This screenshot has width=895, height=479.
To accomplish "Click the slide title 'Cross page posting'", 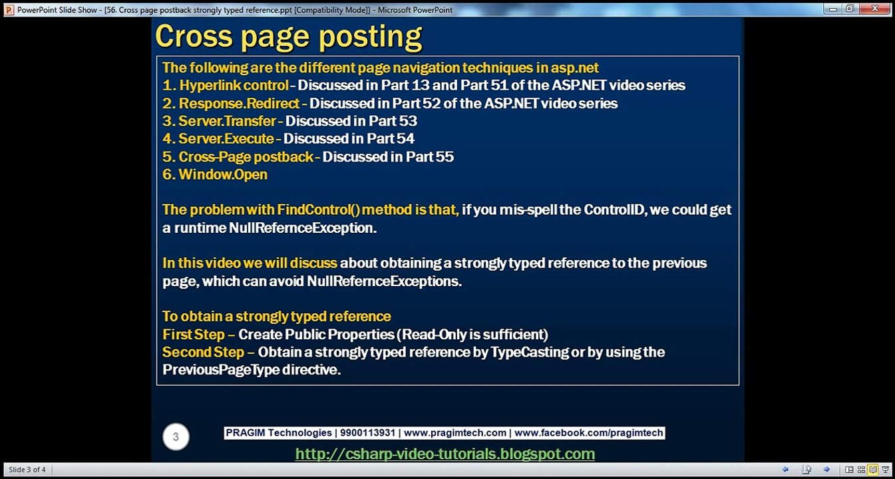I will click(x=288, y=37).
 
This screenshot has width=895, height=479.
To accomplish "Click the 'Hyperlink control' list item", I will click(x=234, y=86).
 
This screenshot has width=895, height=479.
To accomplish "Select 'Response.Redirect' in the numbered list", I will click(x=239, y=104).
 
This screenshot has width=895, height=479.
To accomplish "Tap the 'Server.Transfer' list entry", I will click(x=227, y=121).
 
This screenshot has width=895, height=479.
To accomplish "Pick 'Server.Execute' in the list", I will click(x=226, y=139).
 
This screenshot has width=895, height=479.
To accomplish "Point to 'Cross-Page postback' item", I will click(x=246, y=157).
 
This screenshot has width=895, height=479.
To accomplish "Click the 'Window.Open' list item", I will click(x=223, y=175).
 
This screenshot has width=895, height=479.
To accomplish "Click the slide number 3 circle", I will click(x=176, y=437).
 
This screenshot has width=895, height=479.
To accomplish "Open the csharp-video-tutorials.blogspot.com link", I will click(x=445, y=454).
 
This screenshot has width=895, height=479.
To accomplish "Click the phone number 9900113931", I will click(x=367, y=433).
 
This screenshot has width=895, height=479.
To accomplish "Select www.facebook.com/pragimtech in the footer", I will click(x=588, y=433).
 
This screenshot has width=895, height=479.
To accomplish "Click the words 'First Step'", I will click(x=194, y=334).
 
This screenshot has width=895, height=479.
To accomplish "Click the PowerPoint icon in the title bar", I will click(x=9, y=10).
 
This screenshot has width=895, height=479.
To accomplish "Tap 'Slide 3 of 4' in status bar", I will click(x=27, y=470).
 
